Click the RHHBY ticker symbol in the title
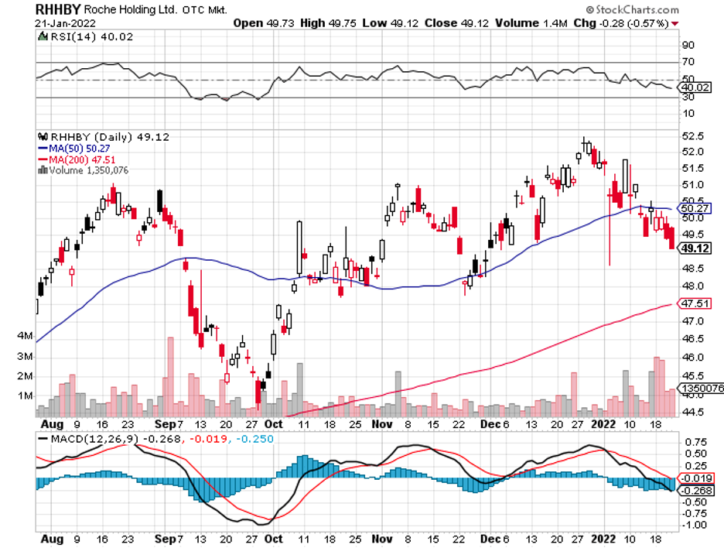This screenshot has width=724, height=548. coord(58,10)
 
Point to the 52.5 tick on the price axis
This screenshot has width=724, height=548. coord(693,136)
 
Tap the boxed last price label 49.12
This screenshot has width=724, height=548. coord(694,248)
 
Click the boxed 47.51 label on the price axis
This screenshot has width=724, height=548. coord(694,303)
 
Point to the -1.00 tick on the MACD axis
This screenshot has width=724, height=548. coord(695,525)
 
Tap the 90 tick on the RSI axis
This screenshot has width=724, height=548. coord(687,45)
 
